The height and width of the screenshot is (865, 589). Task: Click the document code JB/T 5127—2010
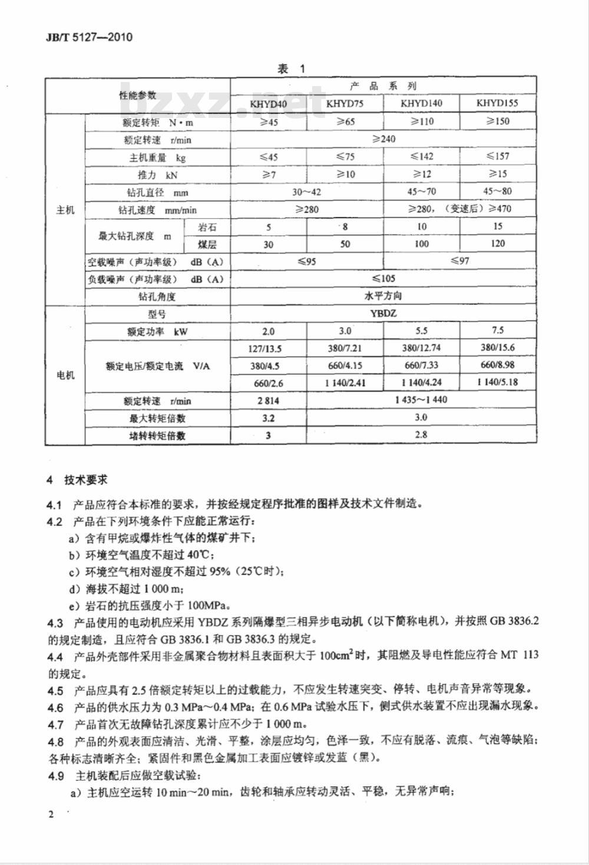pos(89,37)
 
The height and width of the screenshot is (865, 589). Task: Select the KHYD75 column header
pos(345,103)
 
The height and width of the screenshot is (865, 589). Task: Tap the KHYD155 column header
pos(497,103)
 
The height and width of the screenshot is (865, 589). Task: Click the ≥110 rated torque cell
pos(421,121)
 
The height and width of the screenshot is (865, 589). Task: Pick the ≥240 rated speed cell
pos(383,139)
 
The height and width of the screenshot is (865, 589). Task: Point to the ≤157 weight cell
pos(498,156)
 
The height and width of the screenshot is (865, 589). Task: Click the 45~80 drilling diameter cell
pos(498,192)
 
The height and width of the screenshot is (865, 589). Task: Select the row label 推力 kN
pos(157,175)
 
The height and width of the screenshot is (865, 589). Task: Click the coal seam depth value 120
pos(498,244)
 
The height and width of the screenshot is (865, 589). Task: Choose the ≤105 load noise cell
pos(383,278)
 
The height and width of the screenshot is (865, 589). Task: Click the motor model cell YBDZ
pos(383,313)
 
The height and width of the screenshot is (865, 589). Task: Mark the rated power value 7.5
pos(498,331)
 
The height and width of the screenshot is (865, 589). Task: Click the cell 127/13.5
pos(268,348)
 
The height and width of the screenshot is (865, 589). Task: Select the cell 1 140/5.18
pos(498,382)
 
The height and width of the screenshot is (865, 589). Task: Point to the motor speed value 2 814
pos(268,400)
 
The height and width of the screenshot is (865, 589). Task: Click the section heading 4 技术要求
pos(78,480)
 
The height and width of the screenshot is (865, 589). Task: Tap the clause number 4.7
pos(55,724)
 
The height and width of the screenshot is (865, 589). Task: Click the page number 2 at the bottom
pos(51,814)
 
